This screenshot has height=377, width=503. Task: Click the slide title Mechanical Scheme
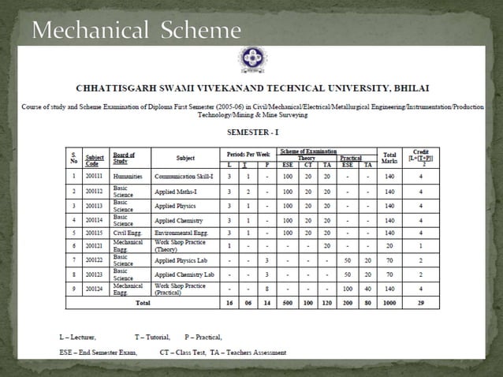click(136, 31)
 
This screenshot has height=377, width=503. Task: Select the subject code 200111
click(95, 177)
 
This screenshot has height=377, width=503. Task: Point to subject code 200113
click(95, 206)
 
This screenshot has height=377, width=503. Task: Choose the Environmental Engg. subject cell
click(182, 233)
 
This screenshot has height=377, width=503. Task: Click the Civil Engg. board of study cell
click(128, 233)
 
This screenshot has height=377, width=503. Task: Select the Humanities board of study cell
click(128, 177)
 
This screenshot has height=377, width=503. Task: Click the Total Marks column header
click(389, 157)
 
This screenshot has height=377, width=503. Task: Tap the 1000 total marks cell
click(389, 302)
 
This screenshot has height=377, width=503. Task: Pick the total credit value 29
click(421, 302)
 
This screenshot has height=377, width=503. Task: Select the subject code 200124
click(95, 289)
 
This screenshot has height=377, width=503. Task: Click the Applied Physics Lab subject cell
click(182, 259)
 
